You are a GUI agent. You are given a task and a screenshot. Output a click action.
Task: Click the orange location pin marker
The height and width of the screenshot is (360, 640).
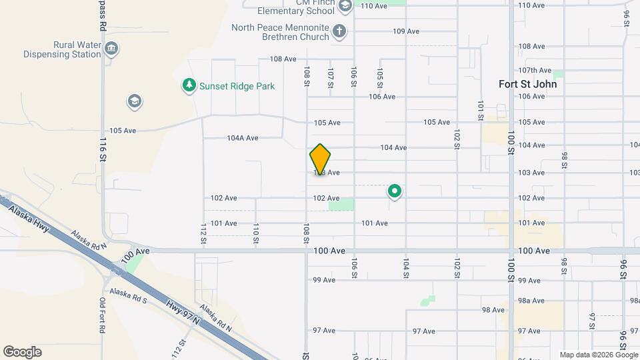click(x=320, y=159)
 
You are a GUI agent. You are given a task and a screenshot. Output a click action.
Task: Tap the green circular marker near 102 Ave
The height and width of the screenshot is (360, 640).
click(x=394, y=192)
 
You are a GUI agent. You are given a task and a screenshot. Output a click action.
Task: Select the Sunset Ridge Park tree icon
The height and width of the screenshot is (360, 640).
click(x=189, y=85)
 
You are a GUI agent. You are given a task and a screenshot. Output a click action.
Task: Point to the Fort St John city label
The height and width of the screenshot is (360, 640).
click(x=527, y=84)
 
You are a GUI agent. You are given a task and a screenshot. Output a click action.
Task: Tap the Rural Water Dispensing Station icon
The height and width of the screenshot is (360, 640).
click(x=112, y=49)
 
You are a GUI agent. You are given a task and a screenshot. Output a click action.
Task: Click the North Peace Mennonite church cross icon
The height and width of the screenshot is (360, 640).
click(x=339, y=31)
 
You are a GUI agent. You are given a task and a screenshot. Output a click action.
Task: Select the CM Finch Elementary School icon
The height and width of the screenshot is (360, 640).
click(x=345, y=7)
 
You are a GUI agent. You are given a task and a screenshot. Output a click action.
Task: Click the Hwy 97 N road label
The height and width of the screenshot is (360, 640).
click(x=184, y=313)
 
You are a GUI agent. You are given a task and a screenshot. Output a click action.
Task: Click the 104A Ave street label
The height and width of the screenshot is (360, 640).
click(x=243, y=138)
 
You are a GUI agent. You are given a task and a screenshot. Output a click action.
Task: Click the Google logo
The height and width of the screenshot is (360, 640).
click(x=22, y=352)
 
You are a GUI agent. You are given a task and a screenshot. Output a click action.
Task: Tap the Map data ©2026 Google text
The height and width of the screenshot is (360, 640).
click(x=598, y=355)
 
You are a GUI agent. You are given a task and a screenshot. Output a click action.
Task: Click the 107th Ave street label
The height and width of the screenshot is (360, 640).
click(x=535, y=71)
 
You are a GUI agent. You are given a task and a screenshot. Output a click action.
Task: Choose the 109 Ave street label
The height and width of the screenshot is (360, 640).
click(x=406, y=31)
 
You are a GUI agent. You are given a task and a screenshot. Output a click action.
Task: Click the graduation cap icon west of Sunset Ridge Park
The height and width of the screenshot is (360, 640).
click(x=134, y=101)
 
